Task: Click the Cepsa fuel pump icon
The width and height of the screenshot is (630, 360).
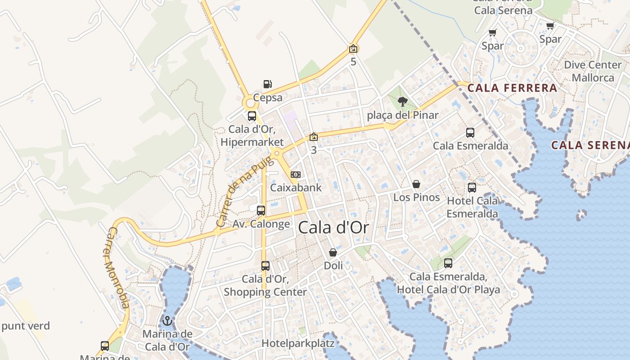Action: coord(267,84)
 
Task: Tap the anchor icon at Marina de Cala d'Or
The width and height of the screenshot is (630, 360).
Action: coord(167,321)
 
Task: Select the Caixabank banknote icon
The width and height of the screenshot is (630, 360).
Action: coord(296,175)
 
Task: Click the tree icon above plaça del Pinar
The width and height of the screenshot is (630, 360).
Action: coord(403,102)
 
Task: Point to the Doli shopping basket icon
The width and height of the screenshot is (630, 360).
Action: coord(333,252)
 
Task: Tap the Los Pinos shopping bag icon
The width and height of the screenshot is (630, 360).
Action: coord(416,184)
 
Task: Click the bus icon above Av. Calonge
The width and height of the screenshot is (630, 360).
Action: coord(261,210)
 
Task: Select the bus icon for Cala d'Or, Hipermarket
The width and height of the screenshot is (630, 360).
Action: coord(252,116)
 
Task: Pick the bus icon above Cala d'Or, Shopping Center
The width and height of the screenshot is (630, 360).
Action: coord(265,266)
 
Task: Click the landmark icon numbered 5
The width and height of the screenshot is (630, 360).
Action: coord(353,49)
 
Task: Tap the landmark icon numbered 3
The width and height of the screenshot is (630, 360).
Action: coord(314,137)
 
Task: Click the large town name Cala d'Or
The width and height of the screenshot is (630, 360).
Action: coord(333,228)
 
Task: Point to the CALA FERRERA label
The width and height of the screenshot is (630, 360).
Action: coord(513,88)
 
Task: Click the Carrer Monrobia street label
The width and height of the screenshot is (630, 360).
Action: coord(118,268)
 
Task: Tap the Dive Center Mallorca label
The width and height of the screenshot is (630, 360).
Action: coord(593,71)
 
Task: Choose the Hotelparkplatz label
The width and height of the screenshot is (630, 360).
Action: coord(298,343)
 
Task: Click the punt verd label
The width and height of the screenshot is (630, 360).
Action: coord(26,326)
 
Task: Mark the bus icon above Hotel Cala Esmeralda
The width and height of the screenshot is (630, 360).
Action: coord(472,188)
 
